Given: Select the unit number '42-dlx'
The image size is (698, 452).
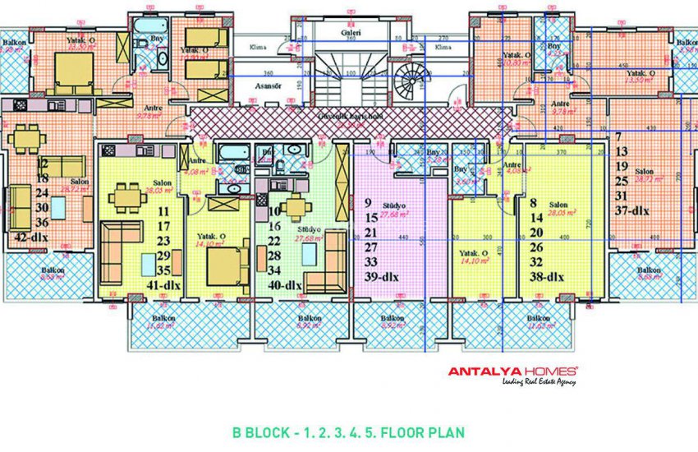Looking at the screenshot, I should click(30, 238).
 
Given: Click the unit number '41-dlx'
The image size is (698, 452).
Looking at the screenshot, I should click(163, 285).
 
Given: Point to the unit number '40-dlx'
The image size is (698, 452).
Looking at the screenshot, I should click(285, 285).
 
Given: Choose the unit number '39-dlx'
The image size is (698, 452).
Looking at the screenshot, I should click(381, 277).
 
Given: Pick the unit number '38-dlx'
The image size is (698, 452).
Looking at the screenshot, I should click(545, 277).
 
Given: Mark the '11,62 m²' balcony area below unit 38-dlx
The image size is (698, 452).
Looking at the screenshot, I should click(538, 327).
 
